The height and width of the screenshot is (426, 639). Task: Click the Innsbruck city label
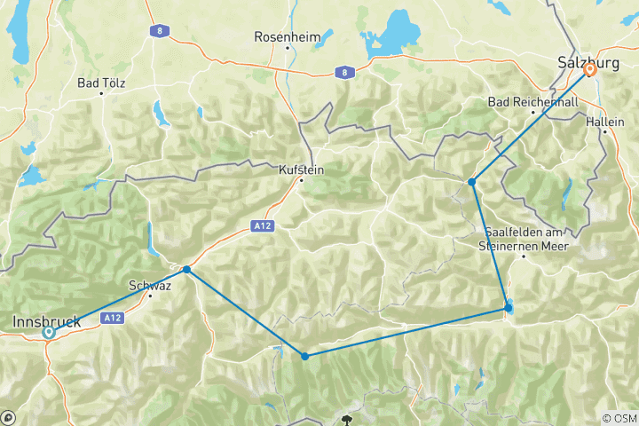47,321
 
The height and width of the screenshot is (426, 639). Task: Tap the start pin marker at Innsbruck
49,333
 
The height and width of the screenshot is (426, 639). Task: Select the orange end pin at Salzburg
589,73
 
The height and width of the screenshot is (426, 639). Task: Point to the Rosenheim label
282,37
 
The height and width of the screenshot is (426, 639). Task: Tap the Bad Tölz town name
99,83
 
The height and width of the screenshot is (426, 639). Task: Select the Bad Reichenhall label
532,102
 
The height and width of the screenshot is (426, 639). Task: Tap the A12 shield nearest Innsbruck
112,317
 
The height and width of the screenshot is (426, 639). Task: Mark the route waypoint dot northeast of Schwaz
186,269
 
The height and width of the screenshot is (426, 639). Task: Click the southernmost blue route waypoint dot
304,356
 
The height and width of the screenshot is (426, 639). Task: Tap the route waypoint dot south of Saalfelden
508,308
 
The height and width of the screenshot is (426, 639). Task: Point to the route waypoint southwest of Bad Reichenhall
472,182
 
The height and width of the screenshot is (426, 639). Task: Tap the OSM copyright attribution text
619,418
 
